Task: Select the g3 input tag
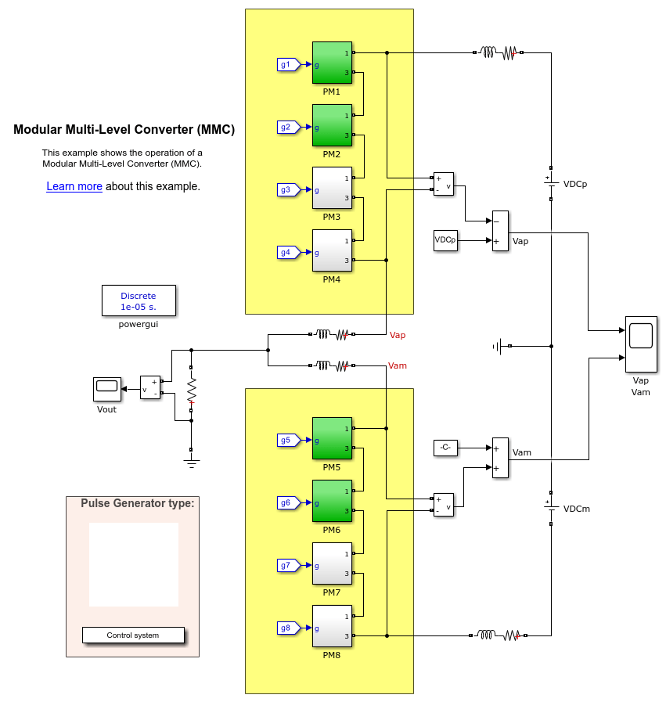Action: (x=287, y=189)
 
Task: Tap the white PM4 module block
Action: (x=333, y=250)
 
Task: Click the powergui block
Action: (x=139, y=301)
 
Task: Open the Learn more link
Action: (x=74, y=187)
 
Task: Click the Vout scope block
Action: (x=106, y=386)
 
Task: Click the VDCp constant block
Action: (x=445, y=240)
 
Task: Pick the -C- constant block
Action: (x=445, y=448)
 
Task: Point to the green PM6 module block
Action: (x=333, y=501)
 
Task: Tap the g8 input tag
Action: (x=287, y=628)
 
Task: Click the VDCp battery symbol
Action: (x=551, y=183)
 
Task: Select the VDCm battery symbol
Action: (x=551, y=507)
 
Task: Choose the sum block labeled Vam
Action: (x=499, y=458)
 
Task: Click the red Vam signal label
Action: (x=398, y=365)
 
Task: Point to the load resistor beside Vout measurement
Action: (x=191, y=390)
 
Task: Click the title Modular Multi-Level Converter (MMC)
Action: (x=124, y=130)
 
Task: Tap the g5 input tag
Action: (x=287, y=440)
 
